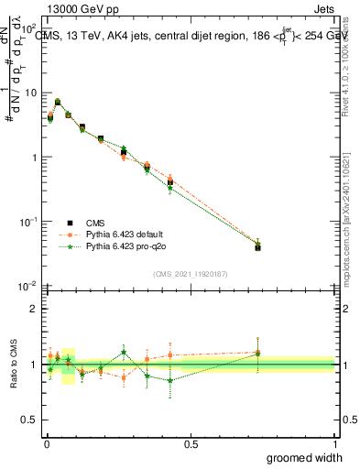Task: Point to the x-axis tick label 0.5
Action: (x=191, y=444)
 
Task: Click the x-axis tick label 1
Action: (x=334, y=444)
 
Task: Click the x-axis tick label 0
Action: (x=47, y=444)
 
